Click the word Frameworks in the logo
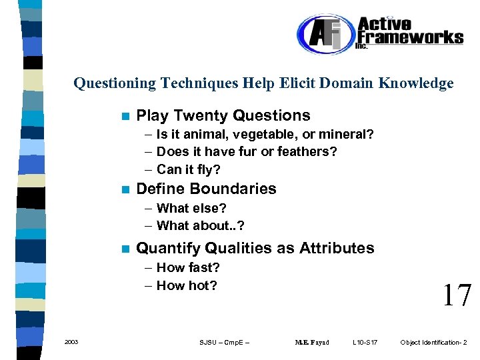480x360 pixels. coord(410,37)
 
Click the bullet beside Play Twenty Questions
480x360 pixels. coord(125,116)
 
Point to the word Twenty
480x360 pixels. coord(199,115)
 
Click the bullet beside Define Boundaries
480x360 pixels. coord(125,189)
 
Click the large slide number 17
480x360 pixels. coord(457,295)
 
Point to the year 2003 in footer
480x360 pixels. coord(71,342)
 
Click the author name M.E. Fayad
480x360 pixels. coord(312,343)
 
